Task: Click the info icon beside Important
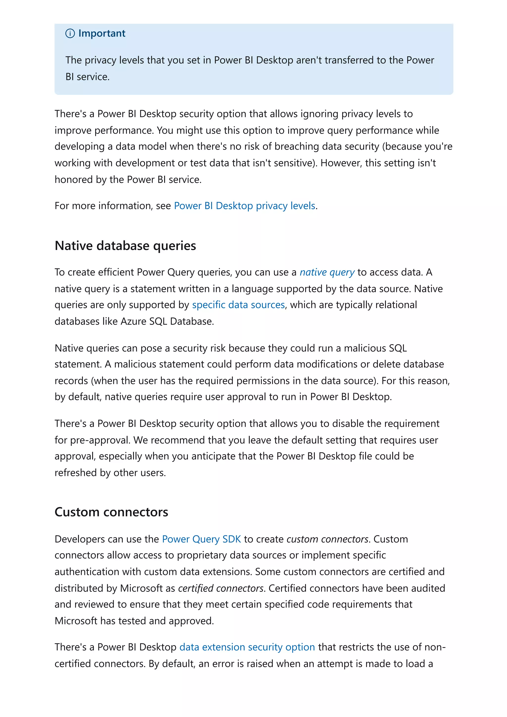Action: (70, 33)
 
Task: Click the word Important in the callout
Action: (102, 33)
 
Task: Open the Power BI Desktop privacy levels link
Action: (245, 206)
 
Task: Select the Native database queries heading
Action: (125, 246)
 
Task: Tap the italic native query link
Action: (327, 272)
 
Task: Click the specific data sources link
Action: (238, 305)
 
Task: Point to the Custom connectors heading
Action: (111, 512)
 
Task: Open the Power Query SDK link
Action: (202, 539)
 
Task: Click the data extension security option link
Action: (247, 647)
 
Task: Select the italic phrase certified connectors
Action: (221, 588)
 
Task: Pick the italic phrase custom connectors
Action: (327, 539)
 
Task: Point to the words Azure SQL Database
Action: (167, 321)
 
